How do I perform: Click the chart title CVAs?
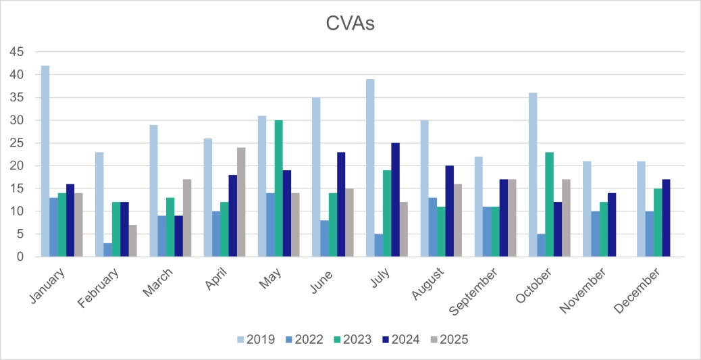pos(350,25)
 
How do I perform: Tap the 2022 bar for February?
pos(108,250)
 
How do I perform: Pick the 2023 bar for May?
pos(279,188)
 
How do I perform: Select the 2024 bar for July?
pos(396,200)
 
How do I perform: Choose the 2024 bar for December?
pos(666,217)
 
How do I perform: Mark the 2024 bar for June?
pos(342,204)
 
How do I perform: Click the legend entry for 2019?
pos(255,339)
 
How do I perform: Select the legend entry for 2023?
pos(351,339)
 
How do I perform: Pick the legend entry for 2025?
pos(448,339)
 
